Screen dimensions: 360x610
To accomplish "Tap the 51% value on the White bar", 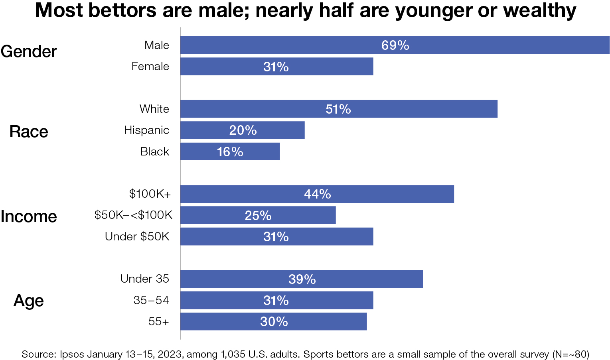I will coord(338,109).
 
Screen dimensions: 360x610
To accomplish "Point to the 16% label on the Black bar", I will coord(230,152).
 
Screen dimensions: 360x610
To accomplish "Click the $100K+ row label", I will coord(150,194).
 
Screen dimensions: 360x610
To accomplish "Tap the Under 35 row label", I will coord(145,279).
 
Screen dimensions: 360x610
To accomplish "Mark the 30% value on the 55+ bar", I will coord(274,322).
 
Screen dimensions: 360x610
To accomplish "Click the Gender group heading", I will coord(29,52).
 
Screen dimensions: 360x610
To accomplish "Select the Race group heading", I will coord(29,132).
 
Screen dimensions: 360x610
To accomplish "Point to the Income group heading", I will coord(29,216).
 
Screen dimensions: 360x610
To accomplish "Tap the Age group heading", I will coord(29,301).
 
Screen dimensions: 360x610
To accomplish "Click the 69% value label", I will coord(395,45).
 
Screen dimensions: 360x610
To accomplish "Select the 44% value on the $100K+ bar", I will coord(317,194).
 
